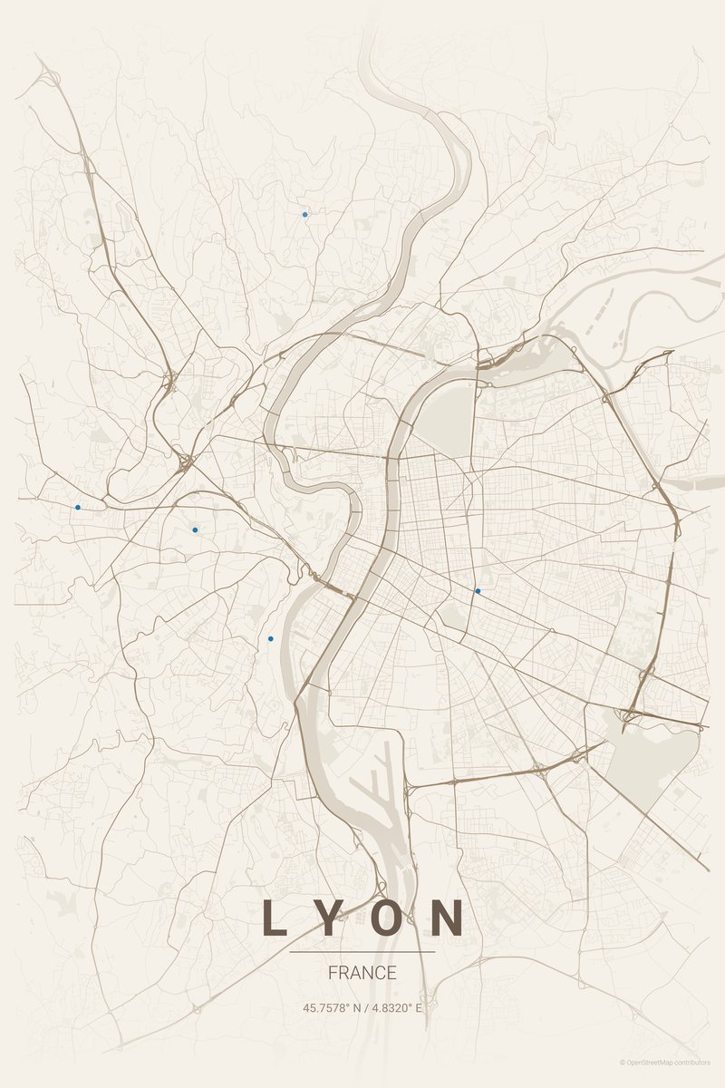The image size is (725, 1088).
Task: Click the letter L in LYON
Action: point(272,918)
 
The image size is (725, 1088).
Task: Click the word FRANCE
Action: point(362,973)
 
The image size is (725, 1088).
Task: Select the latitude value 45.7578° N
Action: point(333,1007)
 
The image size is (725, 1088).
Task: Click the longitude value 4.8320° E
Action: point(396,1007)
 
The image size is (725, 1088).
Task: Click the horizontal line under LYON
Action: point(362,952)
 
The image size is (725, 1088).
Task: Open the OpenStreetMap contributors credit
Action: point(665,1062)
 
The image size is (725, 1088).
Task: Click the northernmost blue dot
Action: point(304,215)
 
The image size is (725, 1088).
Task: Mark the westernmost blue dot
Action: point(78,507)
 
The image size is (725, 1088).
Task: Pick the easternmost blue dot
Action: point(478,591)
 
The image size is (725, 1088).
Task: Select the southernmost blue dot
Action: point(270,639)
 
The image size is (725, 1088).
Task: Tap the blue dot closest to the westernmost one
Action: point(195,529)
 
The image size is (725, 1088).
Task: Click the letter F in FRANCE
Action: point(333,973)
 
